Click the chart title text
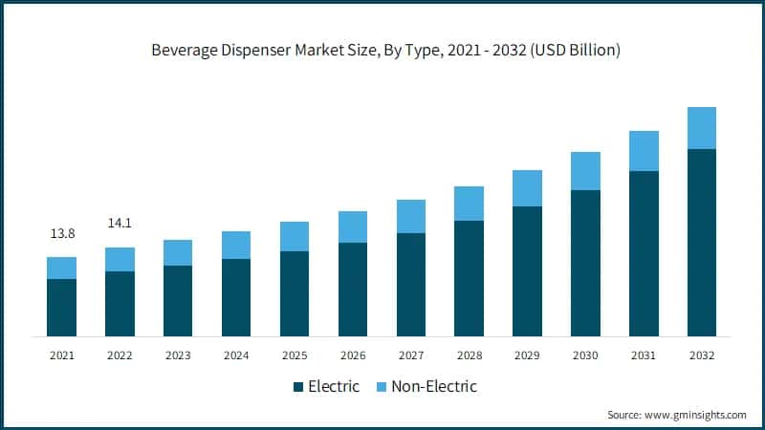click(385, 51)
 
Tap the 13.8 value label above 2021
click(61, 233)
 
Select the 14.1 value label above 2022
click(120, 224)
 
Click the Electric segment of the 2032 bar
click(702, 243)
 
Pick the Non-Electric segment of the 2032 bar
click(702, 128)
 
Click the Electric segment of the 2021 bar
click(61, 308)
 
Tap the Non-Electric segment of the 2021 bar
click(61, 268)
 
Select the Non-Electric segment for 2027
click(411, 216)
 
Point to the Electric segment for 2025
click(295, 293)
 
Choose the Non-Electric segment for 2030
click(585, 171)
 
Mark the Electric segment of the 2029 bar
click(527, 271)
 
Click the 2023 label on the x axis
click(178, 355)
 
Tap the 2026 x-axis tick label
click(353, 355)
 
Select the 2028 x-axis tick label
click(469, 355)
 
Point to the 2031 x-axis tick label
click(644, 355)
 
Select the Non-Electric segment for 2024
click(236, 245)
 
